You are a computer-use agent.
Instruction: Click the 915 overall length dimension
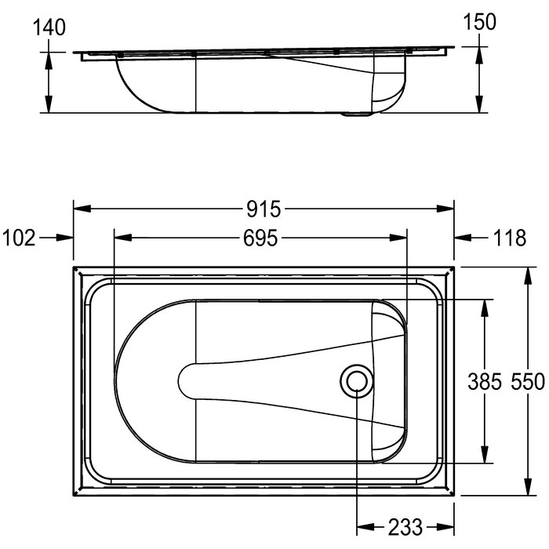(x=264, y=209)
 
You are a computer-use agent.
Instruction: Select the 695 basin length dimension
(x=260, y=238)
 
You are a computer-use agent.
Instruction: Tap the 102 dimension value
(x=19, y=238)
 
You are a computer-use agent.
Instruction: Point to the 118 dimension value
(x=510, y=238)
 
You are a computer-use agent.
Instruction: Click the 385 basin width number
(x=485, y=381)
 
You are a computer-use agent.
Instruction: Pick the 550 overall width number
(x=528, y=381)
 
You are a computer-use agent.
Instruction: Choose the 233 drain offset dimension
(x=405, y=527)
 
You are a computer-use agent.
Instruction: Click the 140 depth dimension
(x=49, y=27)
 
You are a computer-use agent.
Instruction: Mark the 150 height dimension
(x=480, y=22)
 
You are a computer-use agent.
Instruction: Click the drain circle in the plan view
(x=357, y=381)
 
